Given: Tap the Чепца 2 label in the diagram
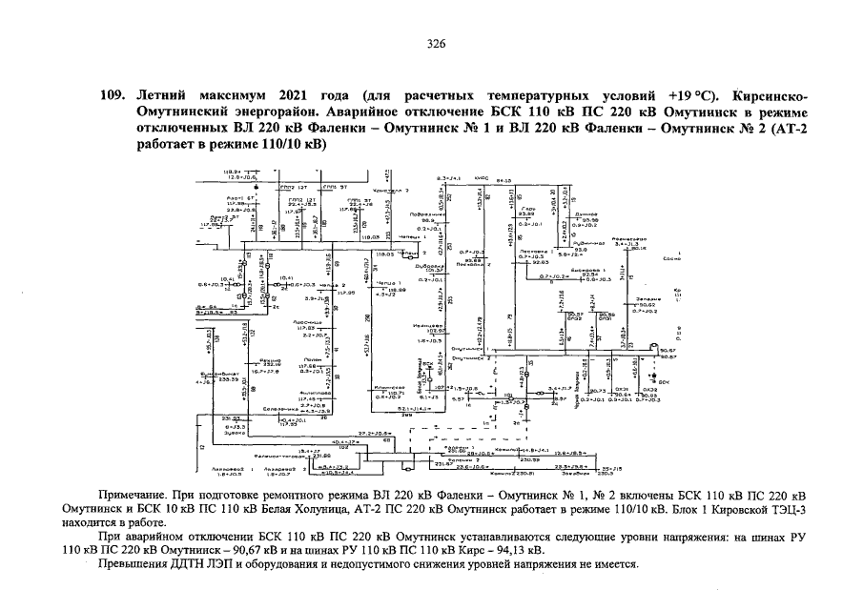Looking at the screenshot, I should [329, 284].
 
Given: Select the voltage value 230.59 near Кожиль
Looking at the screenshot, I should [531, 458].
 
